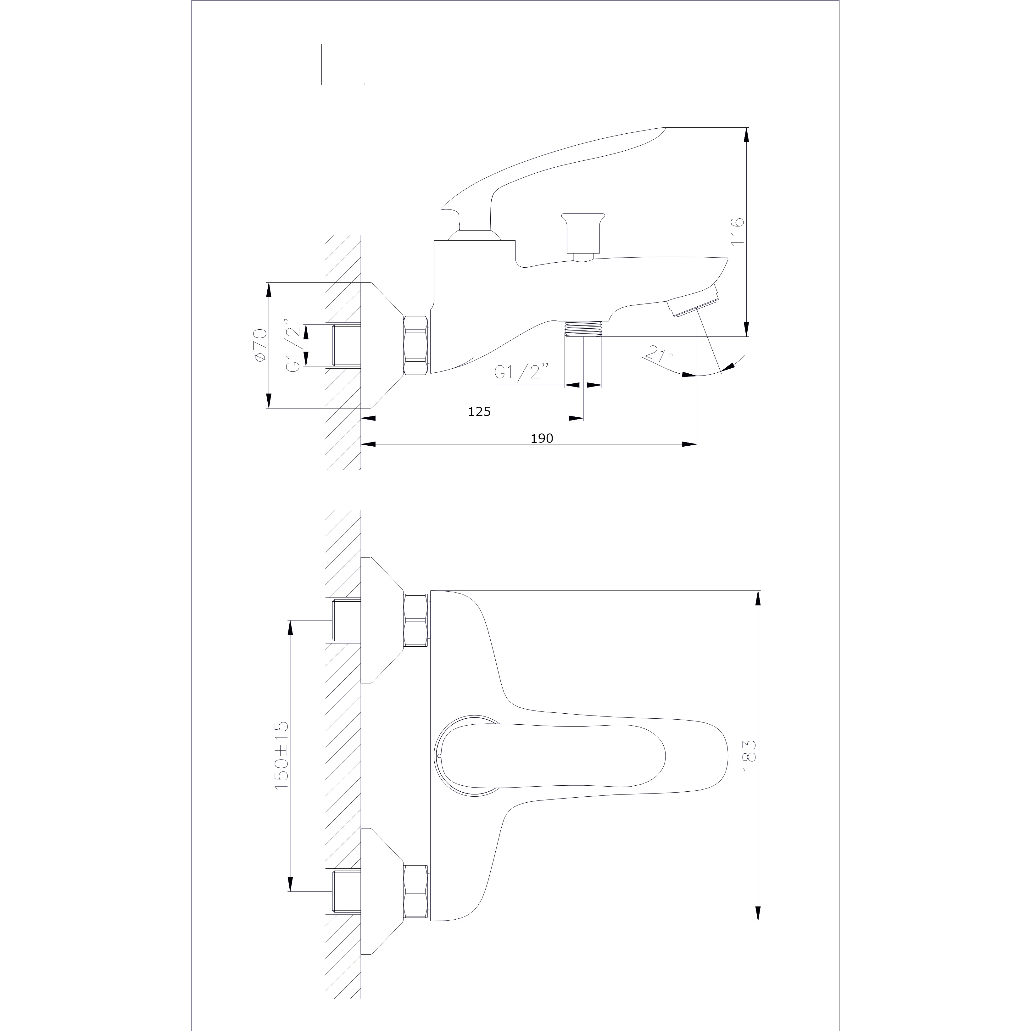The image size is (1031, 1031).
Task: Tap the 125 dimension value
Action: coord(479,411)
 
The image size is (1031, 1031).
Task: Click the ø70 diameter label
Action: coord(260,345)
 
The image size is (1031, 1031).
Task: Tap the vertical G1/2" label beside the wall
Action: coord(293,345)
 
